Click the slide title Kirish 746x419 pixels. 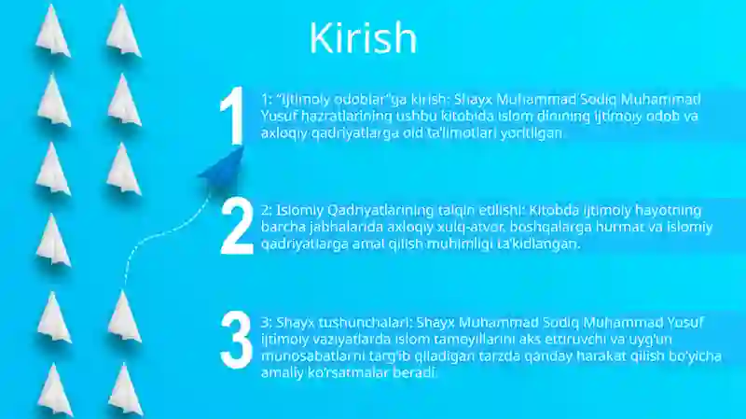click(363, 38)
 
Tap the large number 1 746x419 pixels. click(232, 117)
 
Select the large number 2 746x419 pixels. click(236, 228)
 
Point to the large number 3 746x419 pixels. click(235, 340)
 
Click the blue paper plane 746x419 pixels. click(220, 166)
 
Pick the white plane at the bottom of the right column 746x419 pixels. click(124, 389)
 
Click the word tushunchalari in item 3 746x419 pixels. click(355, 323)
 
